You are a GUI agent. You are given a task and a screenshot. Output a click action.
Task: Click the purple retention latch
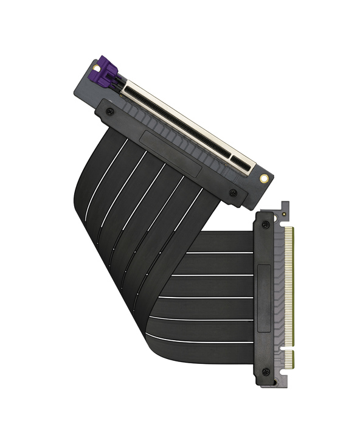click(104, 72)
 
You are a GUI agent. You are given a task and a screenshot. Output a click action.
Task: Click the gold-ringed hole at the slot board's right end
click(264, 179)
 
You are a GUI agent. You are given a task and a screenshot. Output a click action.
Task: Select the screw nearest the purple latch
click(109, 111)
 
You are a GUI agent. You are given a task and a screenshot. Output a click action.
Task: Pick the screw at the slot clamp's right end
click(233, 193)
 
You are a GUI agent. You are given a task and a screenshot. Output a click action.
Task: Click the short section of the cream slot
click(243, 162)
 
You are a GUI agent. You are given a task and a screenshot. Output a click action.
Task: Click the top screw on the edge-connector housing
click(266, 225)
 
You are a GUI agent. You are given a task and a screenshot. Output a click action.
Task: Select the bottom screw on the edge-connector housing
click(266, 372)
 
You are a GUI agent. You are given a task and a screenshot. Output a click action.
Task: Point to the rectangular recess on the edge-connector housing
click(264, 298)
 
